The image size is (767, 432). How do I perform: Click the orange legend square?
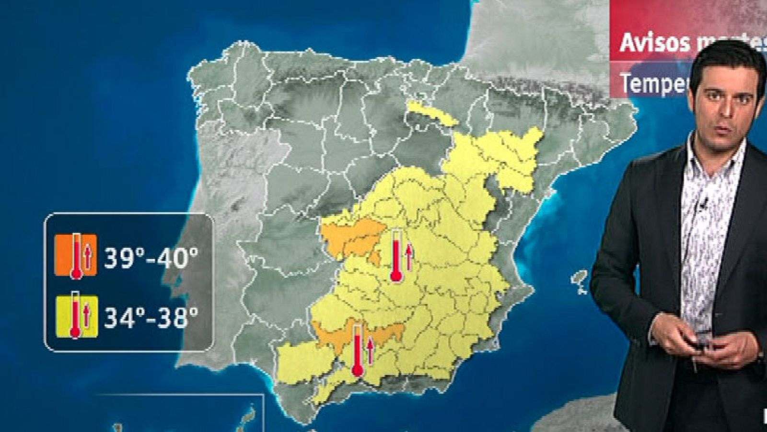coord(75,255)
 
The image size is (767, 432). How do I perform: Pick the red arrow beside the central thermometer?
coord(409,257)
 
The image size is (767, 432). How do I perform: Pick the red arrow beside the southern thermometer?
coord(371,350)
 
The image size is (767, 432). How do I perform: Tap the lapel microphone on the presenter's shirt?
coord(702,205)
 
